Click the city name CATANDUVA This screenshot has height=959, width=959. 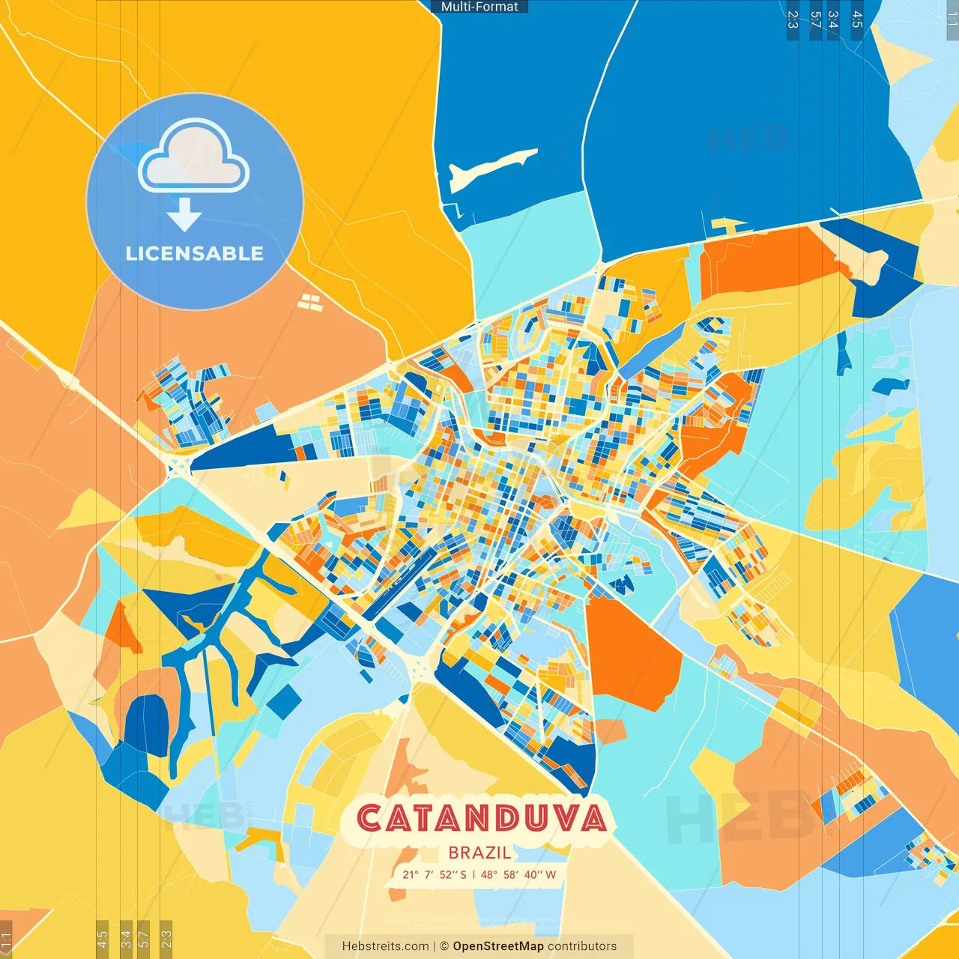[x=481, y=818]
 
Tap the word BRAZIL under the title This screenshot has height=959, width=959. [x=479, y=853]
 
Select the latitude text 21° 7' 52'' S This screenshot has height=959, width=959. [x=434, y=874]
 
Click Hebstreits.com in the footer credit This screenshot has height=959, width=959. [x=385, y=946]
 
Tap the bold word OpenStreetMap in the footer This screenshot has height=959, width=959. [x=497, y=946]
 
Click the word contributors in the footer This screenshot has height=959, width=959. [x=582, y=946]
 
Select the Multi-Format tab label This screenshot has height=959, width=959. [x=479, y=7]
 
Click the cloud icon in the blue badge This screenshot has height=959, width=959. [x=194, y=157]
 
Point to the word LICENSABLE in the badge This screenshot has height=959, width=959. [x=194, y=254]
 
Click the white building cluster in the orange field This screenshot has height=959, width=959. [x=310, y=302]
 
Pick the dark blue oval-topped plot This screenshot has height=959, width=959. [x=146, y=723]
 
